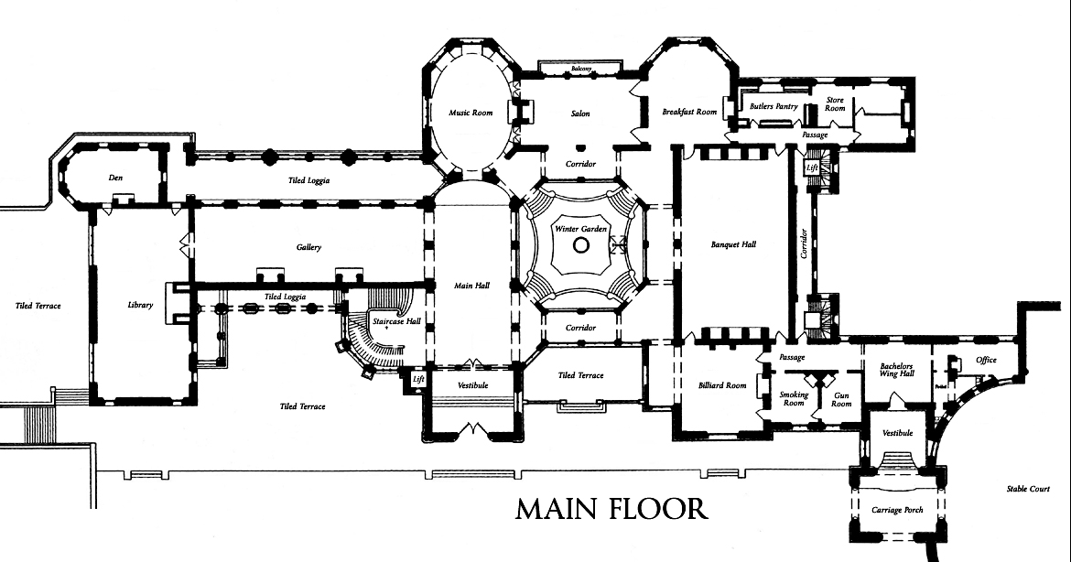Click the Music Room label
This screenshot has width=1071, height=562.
pos(471,113)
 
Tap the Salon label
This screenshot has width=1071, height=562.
pos(580,113)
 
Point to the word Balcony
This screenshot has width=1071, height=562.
pos(582,70)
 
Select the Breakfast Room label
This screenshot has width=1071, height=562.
pos(689,112)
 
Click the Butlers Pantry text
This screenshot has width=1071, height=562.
pos(773,106)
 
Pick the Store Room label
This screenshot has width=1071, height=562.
pos(835,103)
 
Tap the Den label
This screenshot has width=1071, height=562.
pos(115,177)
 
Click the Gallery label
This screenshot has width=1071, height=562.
pos(308,248)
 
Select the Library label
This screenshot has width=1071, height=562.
pos(140,305)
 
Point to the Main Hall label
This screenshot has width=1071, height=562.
pos(471,286)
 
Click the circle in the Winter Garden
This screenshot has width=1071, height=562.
pos(580,245)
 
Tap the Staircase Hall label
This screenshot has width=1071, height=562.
pos(396,321)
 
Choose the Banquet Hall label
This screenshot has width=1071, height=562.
pos(733,244)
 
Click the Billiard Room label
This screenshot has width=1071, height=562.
pos(723,385)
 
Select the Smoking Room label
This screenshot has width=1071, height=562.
pos(794,398)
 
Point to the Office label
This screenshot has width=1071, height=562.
pos(986,360)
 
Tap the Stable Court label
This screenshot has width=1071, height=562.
pos(1025,489)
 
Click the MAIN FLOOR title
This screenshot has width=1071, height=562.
pos(611,509)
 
